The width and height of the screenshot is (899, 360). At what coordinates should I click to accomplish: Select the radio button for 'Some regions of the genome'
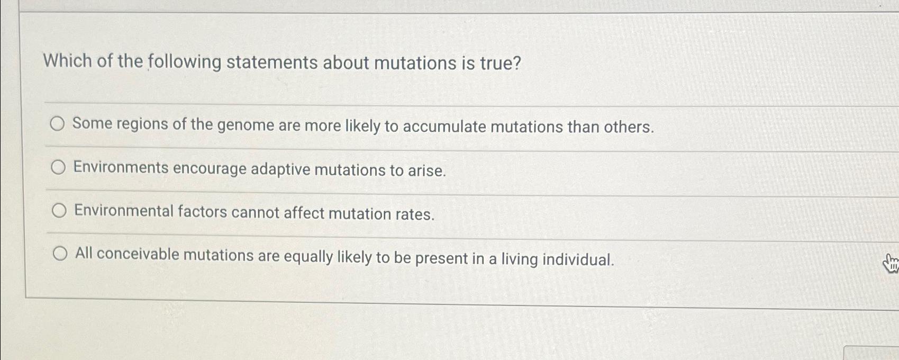tap(57, 124)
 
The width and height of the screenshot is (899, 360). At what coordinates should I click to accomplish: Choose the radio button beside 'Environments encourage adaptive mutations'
tap(58, 168)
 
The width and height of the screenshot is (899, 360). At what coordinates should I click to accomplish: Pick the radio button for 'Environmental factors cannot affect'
tap(59, 211)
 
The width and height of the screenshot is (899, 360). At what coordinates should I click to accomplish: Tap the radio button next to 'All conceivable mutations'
tap(60, 254)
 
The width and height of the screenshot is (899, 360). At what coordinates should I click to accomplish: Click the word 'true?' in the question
tap(500, 64)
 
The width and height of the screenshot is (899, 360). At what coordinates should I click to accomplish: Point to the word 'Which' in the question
tap(68, 61)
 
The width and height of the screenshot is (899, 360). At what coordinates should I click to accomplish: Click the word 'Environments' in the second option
tap(121, 168)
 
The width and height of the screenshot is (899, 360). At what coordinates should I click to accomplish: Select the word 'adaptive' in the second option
tap(280, 169)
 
